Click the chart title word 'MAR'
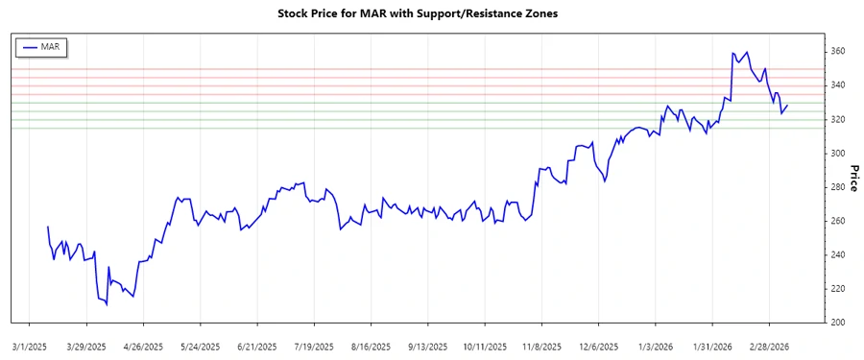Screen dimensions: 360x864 point(374,14)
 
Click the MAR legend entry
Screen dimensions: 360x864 point(41,46)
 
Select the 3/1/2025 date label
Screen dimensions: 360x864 point(29,346)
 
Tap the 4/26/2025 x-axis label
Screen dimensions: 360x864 point(141,346)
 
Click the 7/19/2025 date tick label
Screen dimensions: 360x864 point(314,346)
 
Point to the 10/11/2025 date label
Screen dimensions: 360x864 point(483,346)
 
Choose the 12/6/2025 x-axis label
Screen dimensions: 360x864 point(597,346)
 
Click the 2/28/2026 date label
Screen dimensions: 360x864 point(769,346)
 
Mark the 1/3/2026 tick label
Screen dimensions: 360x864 point(655,346)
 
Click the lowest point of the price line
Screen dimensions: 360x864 point(107,305)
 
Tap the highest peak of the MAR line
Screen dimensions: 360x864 point(732,53)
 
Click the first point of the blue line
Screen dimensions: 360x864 point(48,227)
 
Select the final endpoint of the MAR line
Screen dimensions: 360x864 point(788,106)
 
